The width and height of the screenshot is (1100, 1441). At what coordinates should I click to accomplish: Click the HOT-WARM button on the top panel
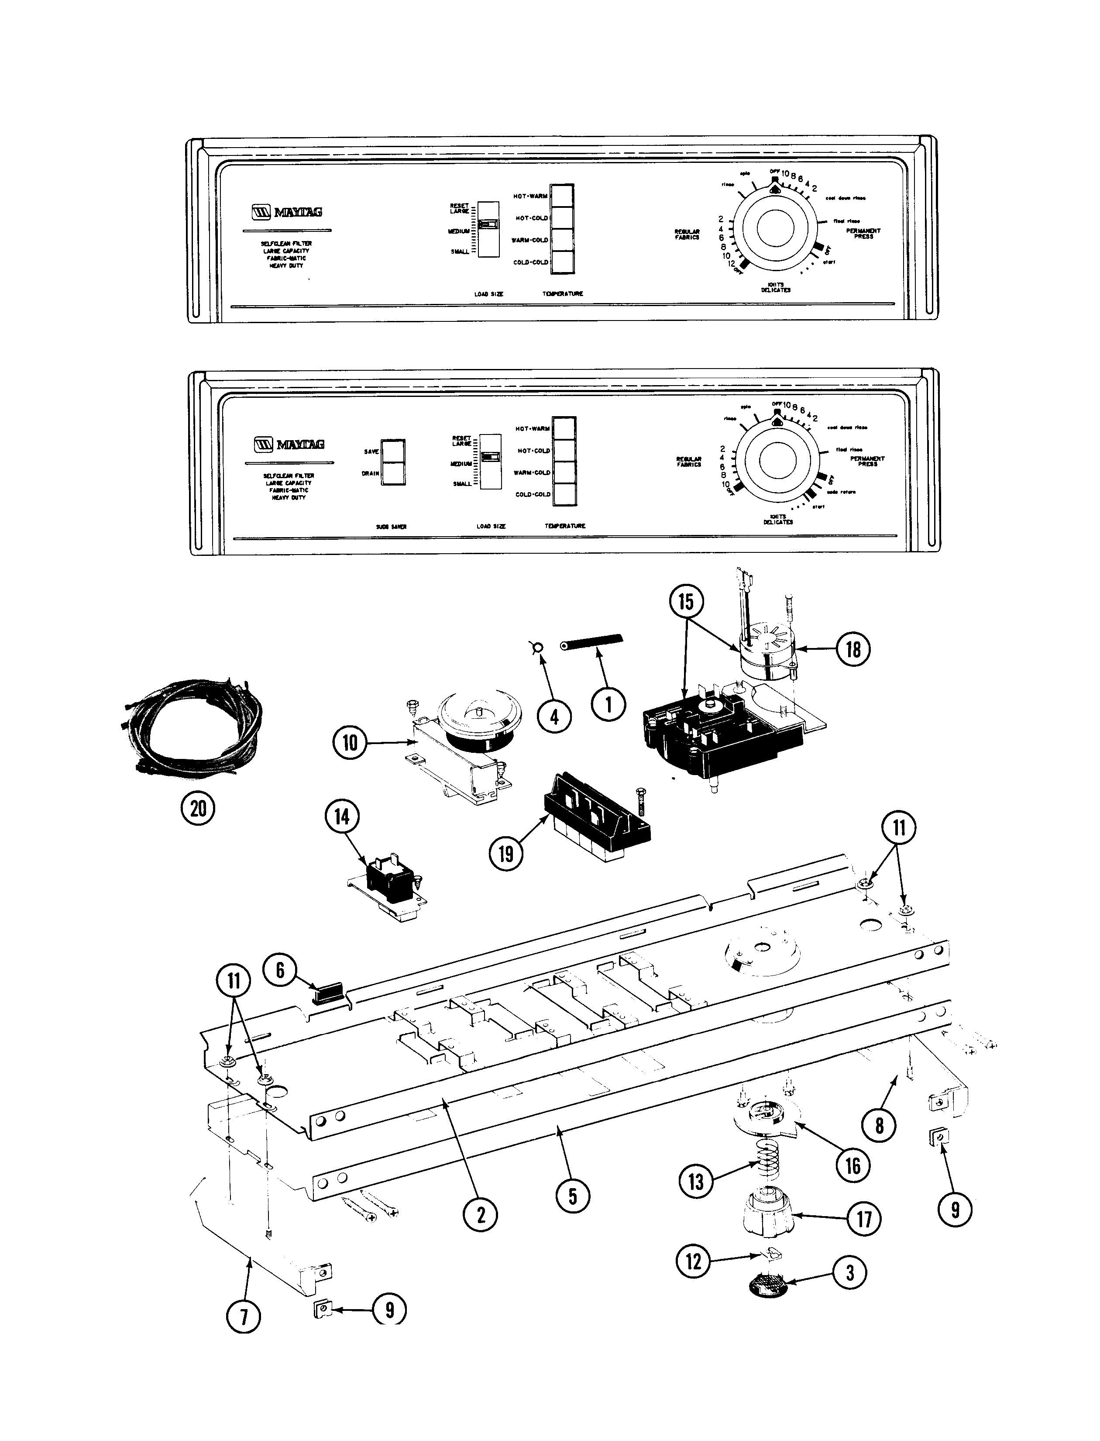tap(562, 196)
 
